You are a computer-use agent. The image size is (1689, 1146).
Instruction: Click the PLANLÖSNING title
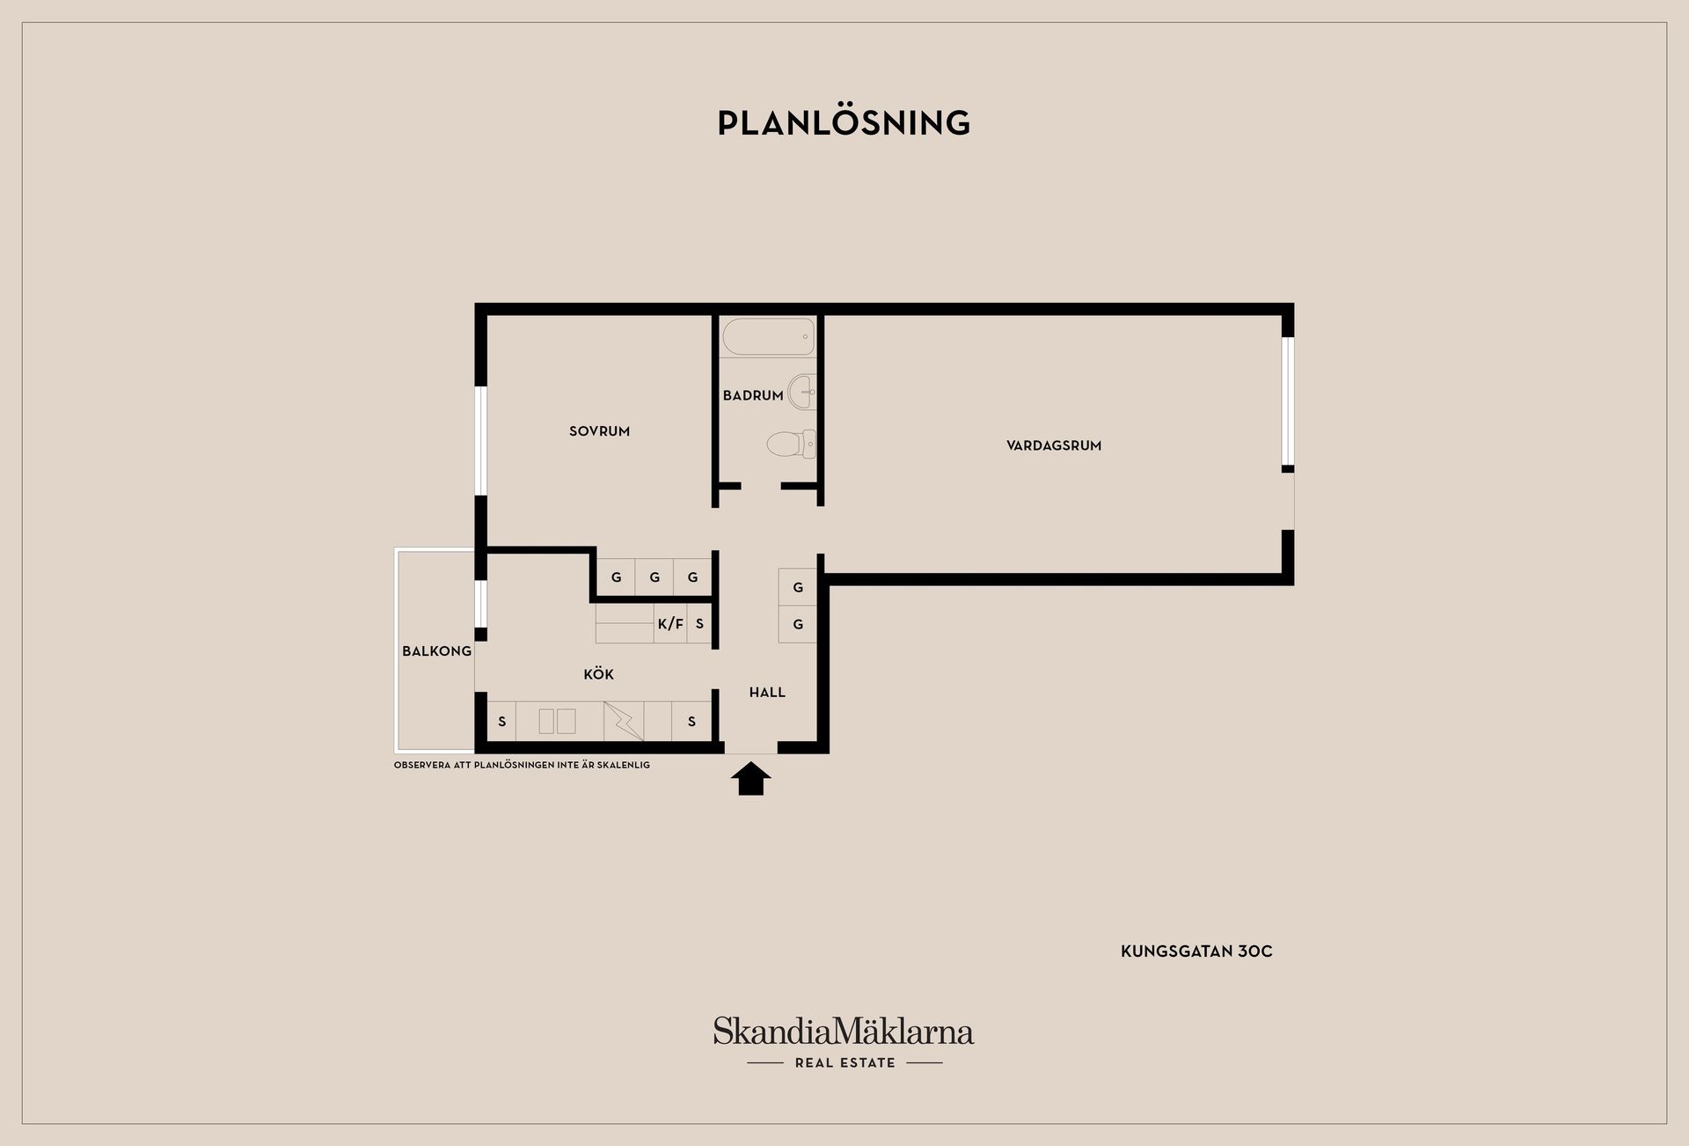click(x=844, y=122)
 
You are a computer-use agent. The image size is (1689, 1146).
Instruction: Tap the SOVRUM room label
click(x=599, y=431)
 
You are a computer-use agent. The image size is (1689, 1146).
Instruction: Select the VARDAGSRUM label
click(x=1054, y=445)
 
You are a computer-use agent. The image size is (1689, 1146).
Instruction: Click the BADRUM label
click(x=753, y=395)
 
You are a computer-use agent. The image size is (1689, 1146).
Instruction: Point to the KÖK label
click(x=598, y=674)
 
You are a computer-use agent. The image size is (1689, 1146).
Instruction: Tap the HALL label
click(x=767, y=693)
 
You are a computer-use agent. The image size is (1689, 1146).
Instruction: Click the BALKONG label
click(x=437, y=651)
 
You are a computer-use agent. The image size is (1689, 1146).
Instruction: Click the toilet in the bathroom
click(x=791, y=444)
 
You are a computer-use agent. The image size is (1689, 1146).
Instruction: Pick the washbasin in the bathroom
click(x=802, y=392)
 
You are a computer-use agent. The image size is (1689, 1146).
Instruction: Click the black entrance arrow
click(x=751, y=779)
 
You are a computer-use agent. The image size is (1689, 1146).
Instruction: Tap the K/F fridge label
click(x=670, y=624)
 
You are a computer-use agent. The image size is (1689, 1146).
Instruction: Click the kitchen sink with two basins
click(x=557, y=721)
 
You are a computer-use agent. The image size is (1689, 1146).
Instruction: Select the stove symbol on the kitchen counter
click(x=624, y=721)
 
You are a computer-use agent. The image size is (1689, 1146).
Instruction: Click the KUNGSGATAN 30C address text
click(x=1196, y=951)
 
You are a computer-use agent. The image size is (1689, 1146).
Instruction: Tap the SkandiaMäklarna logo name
click(x=844, y=1031)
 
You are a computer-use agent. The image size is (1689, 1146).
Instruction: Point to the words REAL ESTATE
click(x=844, y=1063)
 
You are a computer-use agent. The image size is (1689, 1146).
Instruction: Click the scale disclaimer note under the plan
click(x=522, y=766)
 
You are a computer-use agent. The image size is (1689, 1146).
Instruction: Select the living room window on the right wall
click(x=1288, y=401)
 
